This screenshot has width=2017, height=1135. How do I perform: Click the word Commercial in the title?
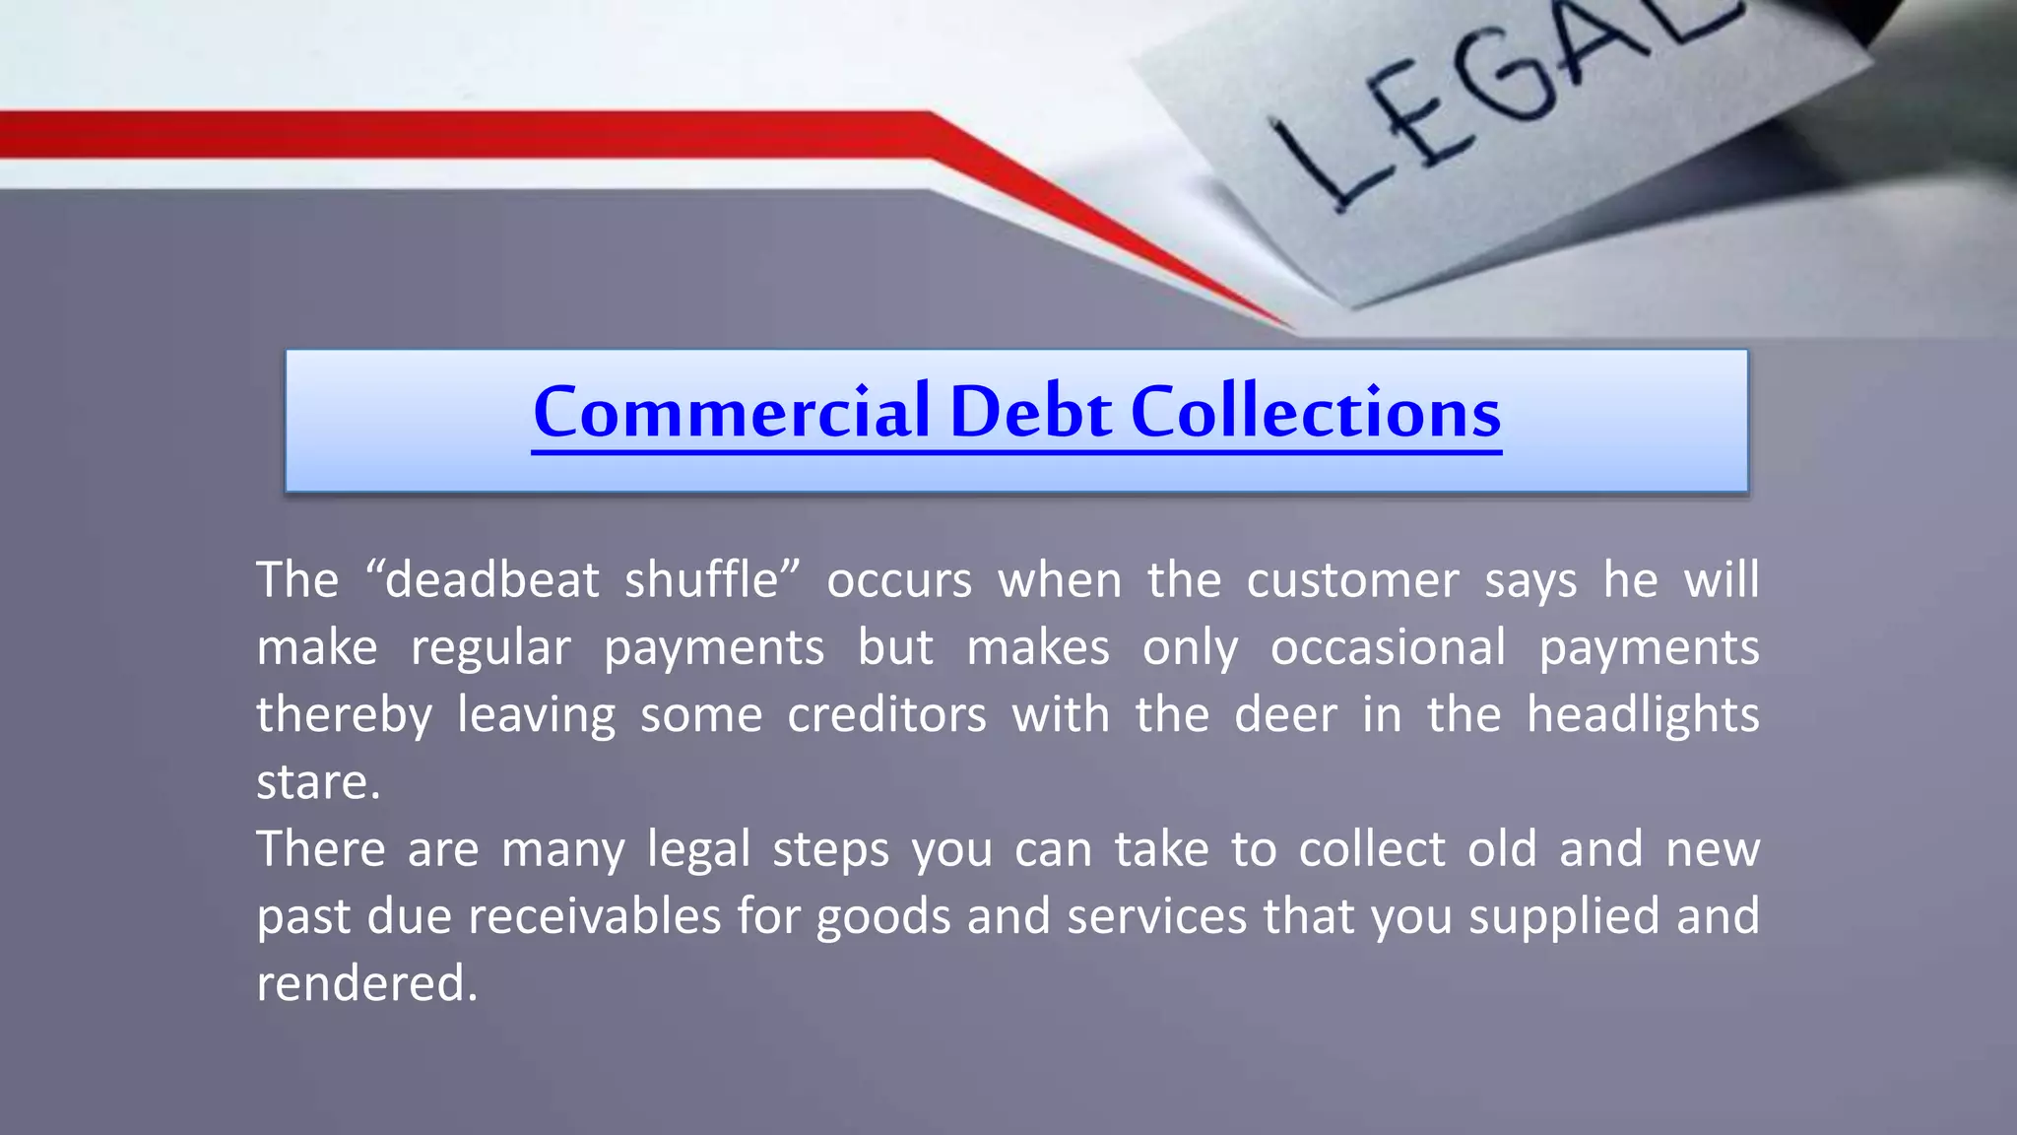pos(730,412)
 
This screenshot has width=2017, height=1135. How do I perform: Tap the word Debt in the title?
pos(1031,412)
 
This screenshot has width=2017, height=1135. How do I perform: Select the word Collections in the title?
pos(1316,412)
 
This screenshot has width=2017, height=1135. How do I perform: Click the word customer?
pos(1352,579)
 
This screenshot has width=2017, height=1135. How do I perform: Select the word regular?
pos(490,648)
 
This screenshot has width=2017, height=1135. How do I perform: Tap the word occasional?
pos(1388,648)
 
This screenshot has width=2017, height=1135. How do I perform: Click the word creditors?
pos(886,714)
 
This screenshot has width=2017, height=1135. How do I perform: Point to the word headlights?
pos(1642,714)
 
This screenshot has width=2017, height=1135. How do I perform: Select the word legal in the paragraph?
pos(698,849)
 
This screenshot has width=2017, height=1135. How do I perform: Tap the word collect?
pos(1371,849)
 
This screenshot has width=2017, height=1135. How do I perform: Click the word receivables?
pos(595,916)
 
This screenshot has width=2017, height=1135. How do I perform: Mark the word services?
pos(1156,916)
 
